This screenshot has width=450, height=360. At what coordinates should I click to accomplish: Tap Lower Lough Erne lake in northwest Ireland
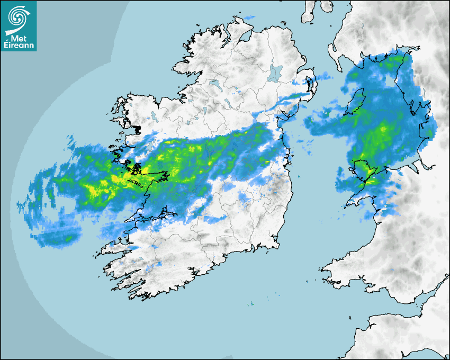click(x=214, y=83)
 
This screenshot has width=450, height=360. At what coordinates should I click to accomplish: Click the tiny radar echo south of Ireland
click(x=250, y=304)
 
